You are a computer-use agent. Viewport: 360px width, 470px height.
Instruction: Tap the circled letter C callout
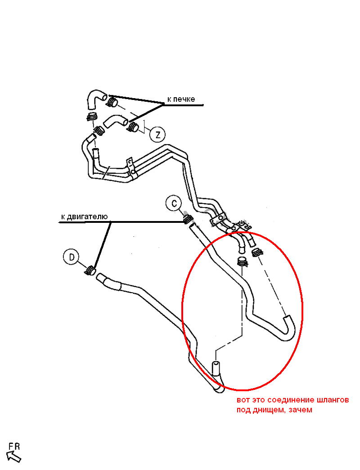[x=174, y=203]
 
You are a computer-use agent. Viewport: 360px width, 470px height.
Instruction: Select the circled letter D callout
[x=71, y=257]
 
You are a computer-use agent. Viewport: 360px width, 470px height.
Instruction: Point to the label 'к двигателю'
[x=85, y=217]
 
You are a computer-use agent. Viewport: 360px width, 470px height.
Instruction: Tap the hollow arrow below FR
[x=14, y=456]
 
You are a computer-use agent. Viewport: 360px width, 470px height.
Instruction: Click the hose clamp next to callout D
[x=90, y=270]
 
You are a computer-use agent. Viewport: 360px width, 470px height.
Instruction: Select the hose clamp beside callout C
[x=188, y=220]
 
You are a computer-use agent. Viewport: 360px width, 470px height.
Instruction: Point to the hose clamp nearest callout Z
[x=134, y=127]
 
